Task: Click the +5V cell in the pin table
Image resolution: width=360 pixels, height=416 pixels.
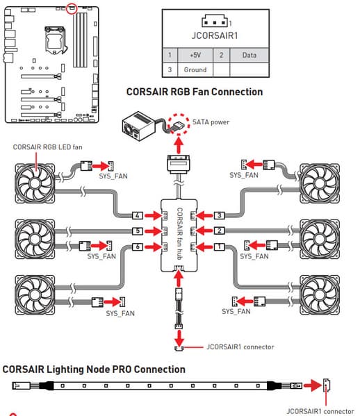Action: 195,55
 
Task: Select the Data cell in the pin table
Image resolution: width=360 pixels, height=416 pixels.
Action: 249,55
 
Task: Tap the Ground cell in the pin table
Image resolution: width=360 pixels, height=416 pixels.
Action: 195,69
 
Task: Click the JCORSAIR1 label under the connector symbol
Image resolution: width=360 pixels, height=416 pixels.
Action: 215,35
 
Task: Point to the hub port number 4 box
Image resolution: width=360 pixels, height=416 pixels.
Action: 138,215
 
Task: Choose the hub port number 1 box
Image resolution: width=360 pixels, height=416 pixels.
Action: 220,247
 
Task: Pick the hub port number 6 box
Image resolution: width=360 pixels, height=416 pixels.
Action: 138,247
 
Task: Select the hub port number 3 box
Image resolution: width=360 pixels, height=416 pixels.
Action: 220,215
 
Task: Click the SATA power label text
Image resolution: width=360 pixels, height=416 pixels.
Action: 211,122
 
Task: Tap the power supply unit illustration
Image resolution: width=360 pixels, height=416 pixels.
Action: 138,126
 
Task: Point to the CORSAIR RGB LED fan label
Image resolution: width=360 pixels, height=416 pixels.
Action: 47,147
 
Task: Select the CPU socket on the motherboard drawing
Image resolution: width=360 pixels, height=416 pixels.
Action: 55,40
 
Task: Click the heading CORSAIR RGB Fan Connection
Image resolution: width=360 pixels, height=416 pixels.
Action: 195,92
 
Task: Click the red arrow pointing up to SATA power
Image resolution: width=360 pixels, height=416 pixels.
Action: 179,144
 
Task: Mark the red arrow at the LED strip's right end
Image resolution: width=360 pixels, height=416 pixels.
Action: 313,385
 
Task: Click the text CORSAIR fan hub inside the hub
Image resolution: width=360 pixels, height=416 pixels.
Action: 180,233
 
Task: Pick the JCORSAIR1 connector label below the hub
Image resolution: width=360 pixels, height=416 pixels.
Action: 240,347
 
